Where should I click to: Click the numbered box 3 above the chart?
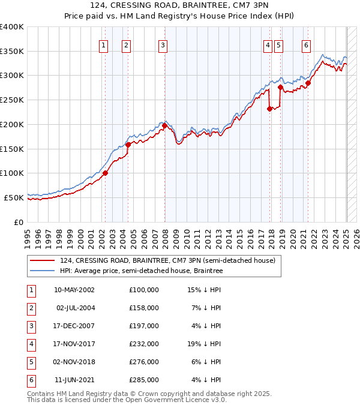[163, 44]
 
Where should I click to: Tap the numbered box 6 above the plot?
[306, 44]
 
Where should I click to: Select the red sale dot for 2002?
[105, 173]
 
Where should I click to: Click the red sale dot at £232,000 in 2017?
[269, 109]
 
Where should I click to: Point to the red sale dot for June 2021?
[308, 83]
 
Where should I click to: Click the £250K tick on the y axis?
[12, 100]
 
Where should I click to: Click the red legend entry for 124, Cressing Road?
[167, 260]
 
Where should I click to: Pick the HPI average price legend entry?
[141, 271]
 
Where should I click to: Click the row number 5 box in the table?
[30, 362]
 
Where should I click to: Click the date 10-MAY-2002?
[74, 290]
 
